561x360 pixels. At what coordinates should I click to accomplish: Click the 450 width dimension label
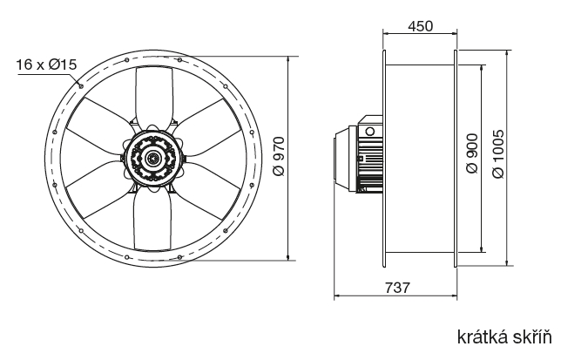pyautogui.click(x=420, y=26)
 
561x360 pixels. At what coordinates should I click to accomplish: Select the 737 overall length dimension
pyautogui.click(x=397, y=288)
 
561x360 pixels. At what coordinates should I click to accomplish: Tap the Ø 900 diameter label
pyautogui.click(x=473, y=153)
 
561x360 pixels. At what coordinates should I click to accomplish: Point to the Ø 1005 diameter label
pyautogui.click(x=498, y=153)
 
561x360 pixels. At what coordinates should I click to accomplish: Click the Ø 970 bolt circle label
pyautogui.click(x=279, y=156)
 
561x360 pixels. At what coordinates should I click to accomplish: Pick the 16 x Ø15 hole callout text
pyautogui.click(x=46, y=65)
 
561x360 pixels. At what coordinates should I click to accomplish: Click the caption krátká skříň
pyautogui.click(x=504, y=337)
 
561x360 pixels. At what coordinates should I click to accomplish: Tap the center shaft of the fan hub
pyautogui.click(x=153, y=158)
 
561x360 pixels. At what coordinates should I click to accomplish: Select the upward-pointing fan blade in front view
pyautogui.click(x=154, y=97)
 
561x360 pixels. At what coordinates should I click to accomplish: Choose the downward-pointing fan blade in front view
pyautogui.click(x=152, y=219)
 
